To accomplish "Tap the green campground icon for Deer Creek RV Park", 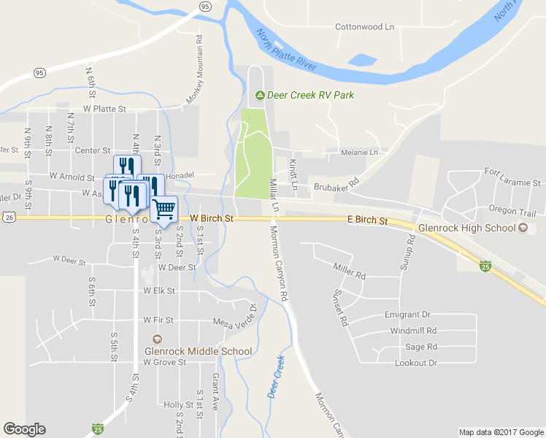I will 259,95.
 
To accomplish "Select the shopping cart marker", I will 164,209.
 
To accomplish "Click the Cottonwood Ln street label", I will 364,27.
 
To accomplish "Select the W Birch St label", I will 212,218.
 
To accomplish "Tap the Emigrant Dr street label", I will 407,315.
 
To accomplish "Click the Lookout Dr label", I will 415,363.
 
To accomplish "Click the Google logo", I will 25,429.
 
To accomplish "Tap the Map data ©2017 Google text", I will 500,432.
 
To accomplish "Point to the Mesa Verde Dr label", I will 235,317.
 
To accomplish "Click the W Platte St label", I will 105,109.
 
